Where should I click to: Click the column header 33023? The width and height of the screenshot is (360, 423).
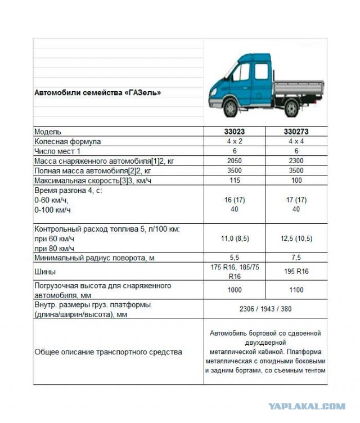pos(235,132)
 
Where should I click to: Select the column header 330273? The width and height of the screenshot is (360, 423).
pos(296,132)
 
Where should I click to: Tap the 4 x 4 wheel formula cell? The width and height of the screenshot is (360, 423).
pos(296,141)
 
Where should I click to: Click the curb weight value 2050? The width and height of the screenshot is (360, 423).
pos(235,161)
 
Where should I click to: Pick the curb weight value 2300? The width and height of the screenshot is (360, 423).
pos(296,161)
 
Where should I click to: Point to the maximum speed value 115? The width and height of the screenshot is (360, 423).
pos(235,180)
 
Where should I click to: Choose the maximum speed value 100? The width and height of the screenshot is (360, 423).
pos(296,180)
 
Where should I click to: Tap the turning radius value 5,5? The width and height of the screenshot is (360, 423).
pos(235,257)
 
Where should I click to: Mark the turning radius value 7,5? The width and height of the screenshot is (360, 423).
pos(296,257)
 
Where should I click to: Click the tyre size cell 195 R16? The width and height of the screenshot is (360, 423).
pos(296,272)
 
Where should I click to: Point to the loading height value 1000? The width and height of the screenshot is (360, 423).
pos(235,290)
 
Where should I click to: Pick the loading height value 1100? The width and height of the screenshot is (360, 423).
pos(296,290)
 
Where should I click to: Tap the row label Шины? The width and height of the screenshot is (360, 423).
pos(45,272)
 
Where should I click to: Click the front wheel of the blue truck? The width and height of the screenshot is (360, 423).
pos(230,107)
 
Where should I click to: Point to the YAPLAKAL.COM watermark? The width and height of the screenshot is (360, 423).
pos(307,406)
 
